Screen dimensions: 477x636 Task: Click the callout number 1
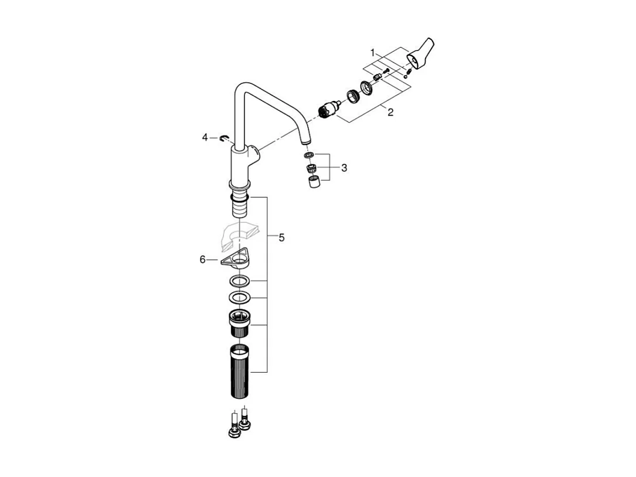372,53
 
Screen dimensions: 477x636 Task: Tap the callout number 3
344,168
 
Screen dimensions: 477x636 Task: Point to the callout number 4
205,137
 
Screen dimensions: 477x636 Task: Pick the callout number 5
281,238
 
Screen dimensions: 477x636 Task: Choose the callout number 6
203,259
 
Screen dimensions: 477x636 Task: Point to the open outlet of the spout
304,142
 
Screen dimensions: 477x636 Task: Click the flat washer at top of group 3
310,155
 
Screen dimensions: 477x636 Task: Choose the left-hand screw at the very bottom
233,427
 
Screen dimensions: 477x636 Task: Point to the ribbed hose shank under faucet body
240,203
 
